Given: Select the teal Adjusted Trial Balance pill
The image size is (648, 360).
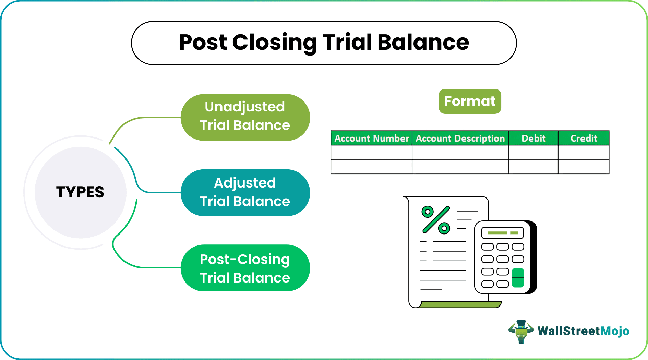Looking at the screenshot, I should click(245, 192).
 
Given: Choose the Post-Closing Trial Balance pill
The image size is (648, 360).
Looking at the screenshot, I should click(245, 268).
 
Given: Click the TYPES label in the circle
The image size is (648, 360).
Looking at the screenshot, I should click(80, 192).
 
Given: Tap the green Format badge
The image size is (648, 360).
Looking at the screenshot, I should click(470, 101).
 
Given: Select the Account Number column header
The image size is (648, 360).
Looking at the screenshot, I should click(372, 138).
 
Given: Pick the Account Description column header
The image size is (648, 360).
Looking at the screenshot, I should click(460, 138).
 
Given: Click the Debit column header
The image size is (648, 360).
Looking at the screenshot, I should click(533, 138).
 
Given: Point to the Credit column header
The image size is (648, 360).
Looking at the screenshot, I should click(584, 138).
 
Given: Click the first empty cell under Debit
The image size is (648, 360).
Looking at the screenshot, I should click(533, 153).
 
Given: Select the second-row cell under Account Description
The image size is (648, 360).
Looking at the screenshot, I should click(460, 167).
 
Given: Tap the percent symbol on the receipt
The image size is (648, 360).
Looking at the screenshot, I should click(436, 220).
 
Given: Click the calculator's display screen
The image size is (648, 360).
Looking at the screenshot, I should click(502, 233).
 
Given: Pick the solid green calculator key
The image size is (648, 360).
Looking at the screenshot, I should click(518, 278).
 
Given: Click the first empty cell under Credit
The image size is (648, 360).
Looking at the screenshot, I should click(584, 153).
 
